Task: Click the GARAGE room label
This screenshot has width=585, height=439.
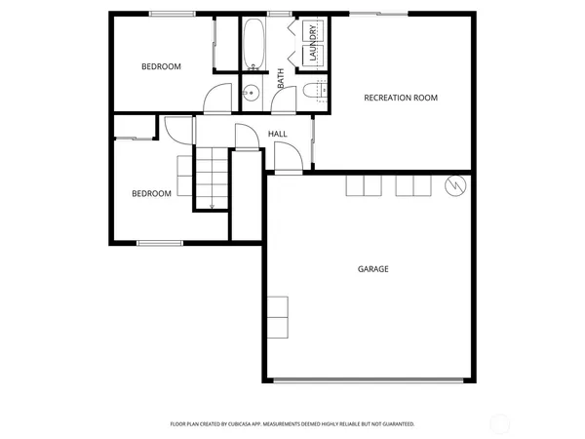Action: pos(372,269)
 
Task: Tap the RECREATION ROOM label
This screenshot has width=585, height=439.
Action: pos(400,98)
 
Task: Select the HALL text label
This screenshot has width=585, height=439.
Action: pos(277,134)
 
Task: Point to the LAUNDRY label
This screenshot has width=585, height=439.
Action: pos(313,44)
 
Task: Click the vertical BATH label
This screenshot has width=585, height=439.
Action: pos(281,78)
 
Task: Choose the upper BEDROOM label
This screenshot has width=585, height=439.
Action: pos(161,66)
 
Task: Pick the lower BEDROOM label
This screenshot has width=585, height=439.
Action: pos(151,193)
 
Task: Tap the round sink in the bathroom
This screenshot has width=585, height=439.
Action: pos(250,95)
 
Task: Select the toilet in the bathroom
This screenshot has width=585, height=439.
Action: pos(311,92)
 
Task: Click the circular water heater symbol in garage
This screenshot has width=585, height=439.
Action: pos(455,185)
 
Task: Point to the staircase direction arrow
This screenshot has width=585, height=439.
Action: pos(212,200)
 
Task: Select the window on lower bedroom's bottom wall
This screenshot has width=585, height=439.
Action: pos(160,242)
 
